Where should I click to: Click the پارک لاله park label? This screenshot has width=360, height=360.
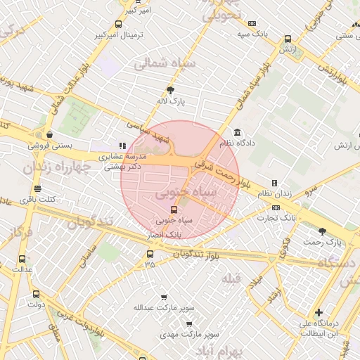pos(171,102)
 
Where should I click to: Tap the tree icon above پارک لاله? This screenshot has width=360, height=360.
pos(171,90)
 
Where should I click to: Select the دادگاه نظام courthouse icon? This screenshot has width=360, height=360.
pos(237,131)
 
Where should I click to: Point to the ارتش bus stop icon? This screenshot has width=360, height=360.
pos(288,39)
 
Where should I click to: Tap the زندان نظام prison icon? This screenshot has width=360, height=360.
pos(274,183)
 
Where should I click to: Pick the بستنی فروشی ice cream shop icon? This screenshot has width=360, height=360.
pos(49,134)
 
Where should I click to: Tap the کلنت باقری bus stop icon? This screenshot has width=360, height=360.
pos(37,189)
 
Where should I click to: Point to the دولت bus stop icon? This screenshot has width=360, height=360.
pos(36,295)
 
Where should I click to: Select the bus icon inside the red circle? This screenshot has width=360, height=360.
pos(174,209)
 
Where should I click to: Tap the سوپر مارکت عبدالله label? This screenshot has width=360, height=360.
pos(164,307)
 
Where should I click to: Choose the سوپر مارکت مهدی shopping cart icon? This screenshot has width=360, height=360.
pos(188,323)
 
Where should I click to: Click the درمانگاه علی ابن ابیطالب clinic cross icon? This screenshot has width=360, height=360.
pos(319,312)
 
